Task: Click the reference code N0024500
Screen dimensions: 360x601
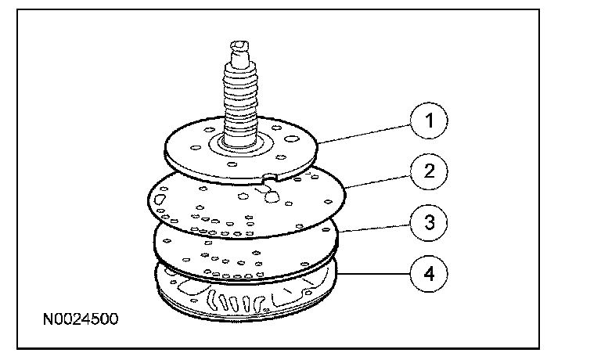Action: coord(82,320)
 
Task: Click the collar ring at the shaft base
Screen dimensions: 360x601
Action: coord(242,144)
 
